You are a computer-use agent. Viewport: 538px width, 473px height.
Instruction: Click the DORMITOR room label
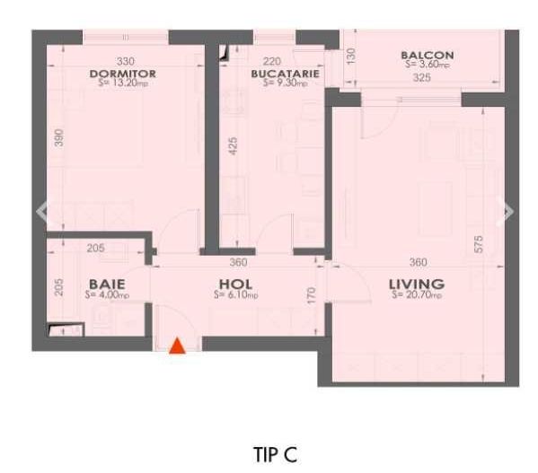coord(123,74)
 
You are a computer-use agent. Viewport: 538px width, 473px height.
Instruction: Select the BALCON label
coord(427,56)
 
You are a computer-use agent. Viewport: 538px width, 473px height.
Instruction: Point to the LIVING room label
coord(416,285)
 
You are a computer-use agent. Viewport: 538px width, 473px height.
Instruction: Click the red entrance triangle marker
coord(178,346)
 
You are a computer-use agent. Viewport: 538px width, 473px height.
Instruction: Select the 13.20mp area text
coord(124,83)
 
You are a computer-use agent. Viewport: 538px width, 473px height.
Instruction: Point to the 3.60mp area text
coord(428,65)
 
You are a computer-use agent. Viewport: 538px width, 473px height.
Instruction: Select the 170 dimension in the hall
coord(312,293)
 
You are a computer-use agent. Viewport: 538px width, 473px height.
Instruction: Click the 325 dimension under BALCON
coord(421,77)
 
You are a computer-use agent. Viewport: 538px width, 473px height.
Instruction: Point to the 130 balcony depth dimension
coord(351,56)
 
